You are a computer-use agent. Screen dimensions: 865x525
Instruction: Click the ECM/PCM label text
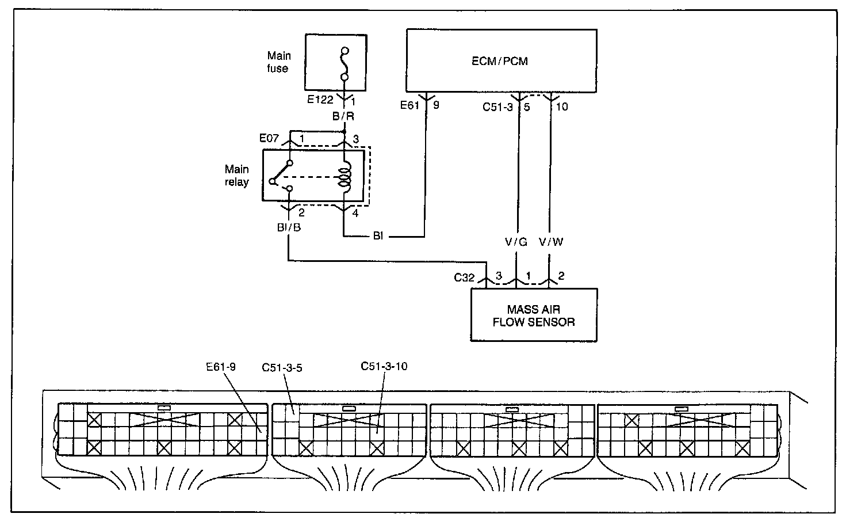(x=499, y=61)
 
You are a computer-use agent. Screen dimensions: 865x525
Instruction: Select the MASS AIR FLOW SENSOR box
(x=534, y=315)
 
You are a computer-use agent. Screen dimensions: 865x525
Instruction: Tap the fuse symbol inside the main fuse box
(x=345, y=64)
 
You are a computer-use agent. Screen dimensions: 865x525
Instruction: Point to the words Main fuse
(x=278, y=62)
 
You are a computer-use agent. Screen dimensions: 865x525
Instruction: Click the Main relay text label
(x=237, y=176)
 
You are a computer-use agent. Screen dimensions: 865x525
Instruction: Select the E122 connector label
(x=320, y=100)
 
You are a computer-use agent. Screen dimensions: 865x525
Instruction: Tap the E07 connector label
(x=269, y=138)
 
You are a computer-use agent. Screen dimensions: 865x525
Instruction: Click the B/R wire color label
(x=343, y=116)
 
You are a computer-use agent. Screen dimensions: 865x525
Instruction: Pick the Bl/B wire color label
(x=289, y=227)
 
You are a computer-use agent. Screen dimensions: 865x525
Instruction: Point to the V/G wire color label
(x=516, y=242)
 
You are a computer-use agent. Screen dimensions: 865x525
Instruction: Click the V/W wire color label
(x=551, y=242)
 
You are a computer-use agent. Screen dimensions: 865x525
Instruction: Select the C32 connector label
(x=464, y=277)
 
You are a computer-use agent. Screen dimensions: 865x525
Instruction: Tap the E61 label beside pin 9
(x=409, y=105)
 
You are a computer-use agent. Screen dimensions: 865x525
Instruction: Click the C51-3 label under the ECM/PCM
(x=497, y=106)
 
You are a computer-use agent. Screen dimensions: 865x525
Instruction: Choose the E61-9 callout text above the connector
(x=221, y=367)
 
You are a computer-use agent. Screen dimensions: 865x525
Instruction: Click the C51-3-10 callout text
(x=384, y=366)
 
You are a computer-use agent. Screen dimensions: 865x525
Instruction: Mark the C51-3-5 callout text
(x=282, y=367)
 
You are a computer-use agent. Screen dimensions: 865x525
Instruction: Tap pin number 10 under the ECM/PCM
(x=562, y=106)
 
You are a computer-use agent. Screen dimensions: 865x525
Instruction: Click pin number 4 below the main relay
(x=355, y=213)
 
